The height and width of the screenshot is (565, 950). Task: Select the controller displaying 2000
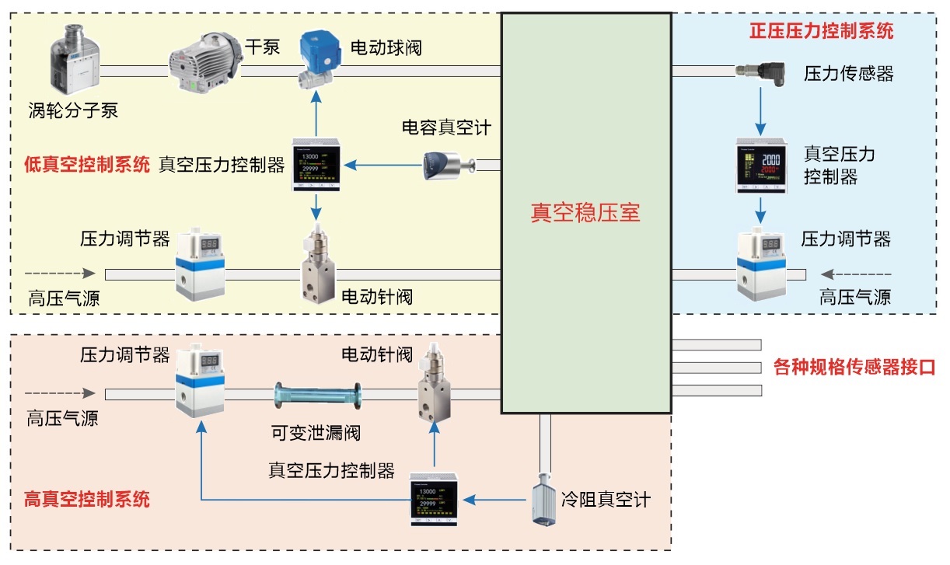[x=760, y=165]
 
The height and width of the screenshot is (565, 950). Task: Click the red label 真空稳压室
[x=585, y=212]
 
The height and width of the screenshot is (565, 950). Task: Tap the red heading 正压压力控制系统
[x=821, y=32]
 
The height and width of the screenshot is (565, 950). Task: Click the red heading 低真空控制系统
[x=87, y=165]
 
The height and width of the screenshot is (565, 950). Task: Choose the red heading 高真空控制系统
[x=87, y=499]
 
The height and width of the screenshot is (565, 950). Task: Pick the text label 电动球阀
[x=386, y=47]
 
